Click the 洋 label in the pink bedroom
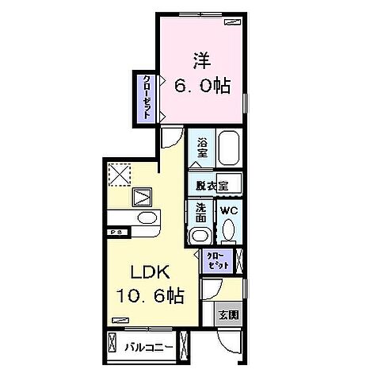[x=202, y=60]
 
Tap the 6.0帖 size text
[x=202, y=86]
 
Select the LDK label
[x=143, y=271]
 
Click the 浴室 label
[x=203, y=148]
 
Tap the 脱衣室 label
[x=212, y=184]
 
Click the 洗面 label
[x=200, y=213]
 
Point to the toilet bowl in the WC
[x=229, y=231]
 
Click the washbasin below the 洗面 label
[x=200, y=236]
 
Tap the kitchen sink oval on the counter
[x=147, y=217]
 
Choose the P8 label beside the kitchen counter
[x=115, y=231]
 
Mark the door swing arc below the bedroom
[x=171, y=139]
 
